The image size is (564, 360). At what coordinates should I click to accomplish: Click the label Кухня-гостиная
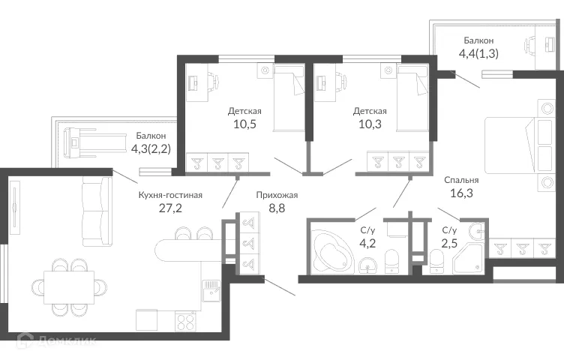click(170, 195)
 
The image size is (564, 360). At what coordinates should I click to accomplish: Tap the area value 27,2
click(170, 210)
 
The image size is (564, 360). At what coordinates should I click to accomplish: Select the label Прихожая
click(277, 195)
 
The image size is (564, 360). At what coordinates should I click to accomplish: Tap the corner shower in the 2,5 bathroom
click(470, 257)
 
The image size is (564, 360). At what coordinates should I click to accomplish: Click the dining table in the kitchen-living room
click(69, 286)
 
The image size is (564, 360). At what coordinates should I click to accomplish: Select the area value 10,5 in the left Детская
click(240, 125)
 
